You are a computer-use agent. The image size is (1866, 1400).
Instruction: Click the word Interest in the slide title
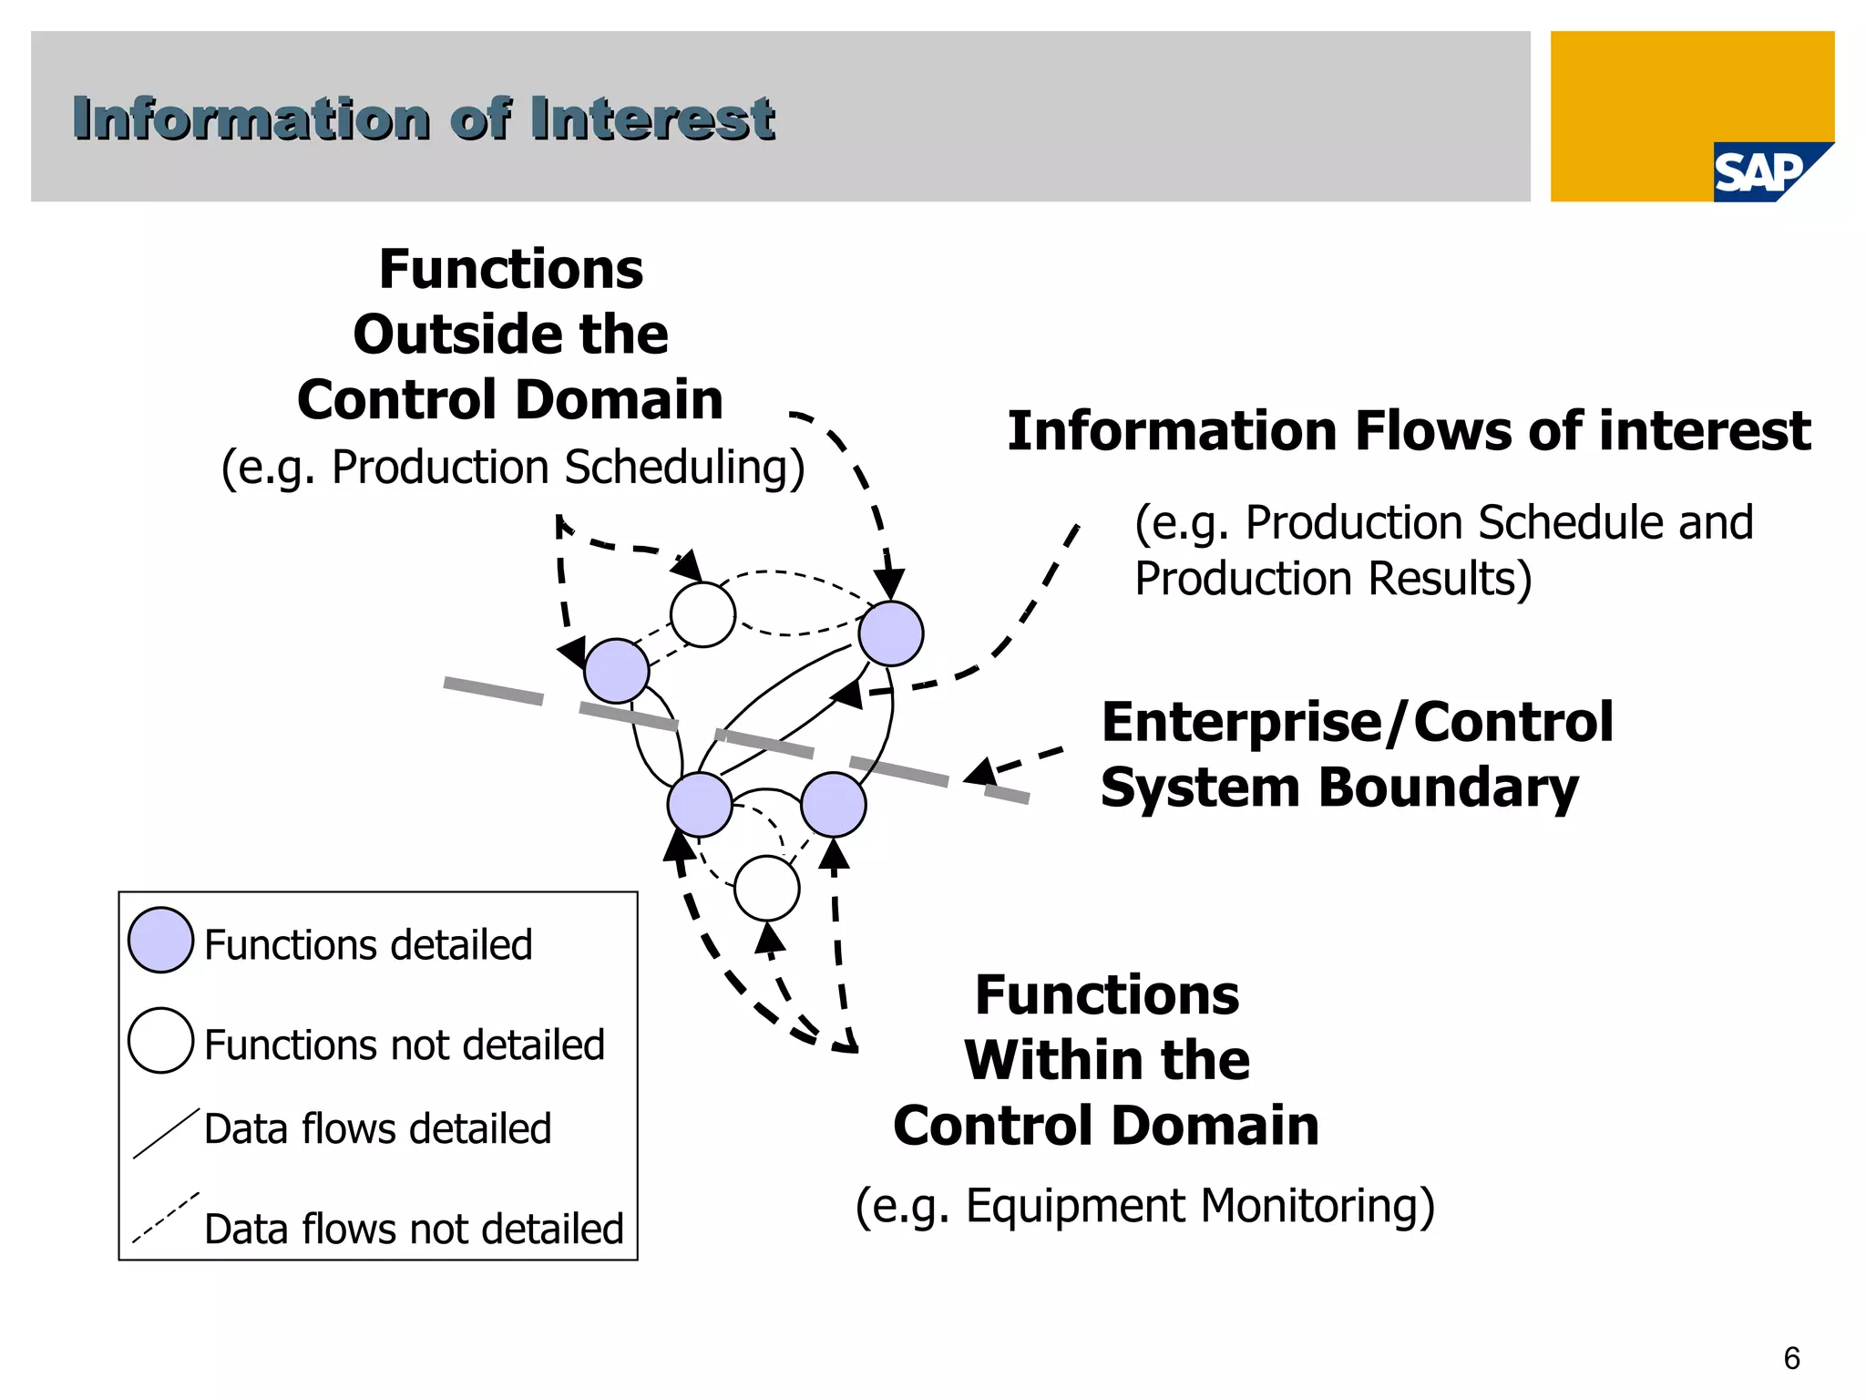[652, 119]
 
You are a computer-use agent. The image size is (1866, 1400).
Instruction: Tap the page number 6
[1791, 1358]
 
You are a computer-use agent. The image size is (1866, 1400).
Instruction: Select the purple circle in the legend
[160, 940]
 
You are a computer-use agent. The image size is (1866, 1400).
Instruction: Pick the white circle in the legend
[160, 1040]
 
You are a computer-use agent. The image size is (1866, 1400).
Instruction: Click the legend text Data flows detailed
[377, 1128]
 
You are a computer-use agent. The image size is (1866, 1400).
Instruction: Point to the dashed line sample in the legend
[166, 1218]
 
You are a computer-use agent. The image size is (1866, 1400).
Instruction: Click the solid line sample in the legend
[166, 1134]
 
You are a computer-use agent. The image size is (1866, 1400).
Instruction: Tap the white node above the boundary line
[702, 614]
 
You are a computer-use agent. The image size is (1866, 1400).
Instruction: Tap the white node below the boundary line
[766, 889]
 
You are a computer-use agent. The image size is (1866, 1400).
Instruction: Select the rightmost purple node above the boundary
[891, 633]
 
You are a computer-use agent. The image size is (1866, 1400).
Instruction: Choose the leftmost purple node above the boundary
[617, 671]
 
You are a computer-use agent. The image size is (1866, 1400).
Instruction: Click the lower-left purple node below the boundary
[700, 805]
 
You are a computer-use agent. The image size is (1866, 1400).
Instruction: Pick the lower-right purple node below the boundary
[834, 805]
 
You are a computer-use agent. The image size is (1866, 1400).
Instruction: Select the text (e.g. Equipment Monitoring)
[1144, 1206]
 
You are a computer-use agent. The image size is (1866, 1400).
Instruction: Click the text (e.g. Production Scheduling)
[513, 468]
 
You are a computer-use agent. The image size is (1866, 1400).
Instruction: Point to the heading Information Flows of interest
[1409, 431]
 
